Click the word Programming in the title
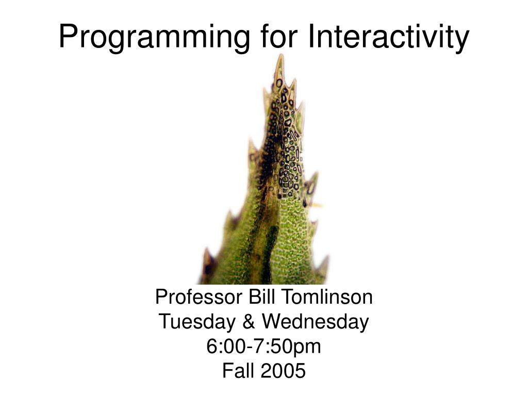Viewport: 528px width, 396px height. [154, 37]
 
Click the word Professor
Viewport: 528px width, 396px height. [199, 297]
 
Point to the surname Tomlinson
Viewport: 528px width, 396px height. [326, 297]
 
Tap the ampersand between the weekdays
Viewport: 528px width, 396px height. [249, 322]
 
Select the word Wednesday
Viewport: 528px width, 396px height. [316, 322]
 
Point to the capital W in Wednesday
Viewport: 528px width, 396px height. [273, 322]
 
